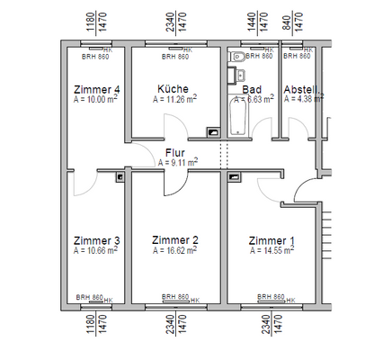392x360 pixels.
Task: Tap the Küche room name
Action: pos(172,90)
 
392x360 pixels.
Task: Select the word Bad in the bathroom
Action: pos(253,90)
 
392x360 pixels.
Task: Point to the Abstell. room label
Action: pos(300,90)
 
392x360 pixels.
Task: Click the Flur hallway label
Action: pos(176,153)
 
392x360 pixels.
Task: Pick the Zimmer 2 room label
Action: pos(174,240)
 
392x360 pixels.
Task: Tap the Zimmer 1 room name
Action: pos(271,240)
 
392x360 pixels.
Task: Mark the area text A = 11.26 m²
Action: pos(174,100)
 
